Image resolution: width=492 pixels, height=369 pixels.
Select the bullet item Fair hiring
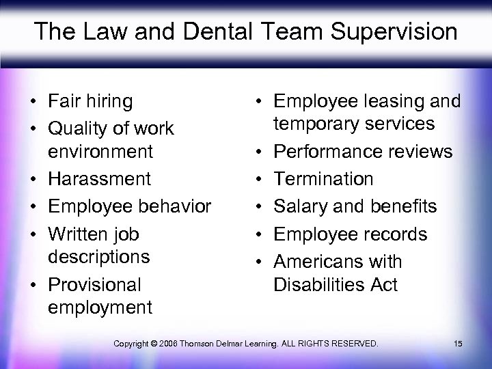pos(90,101)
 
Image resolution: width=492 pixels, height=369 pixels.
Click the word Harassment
pos(100,179)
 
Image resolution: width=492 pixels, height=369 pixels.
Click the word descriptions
pos(100,257)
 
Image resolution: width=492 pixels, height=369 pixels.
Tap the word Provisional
pos(94,284)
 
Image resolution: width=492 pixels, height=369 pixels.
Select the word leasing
pos(391,101)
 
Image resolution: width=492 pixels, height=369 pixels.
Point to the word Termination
pos(323,179)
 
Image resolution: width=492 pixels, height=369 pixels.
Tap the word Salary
pos(299,206)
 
